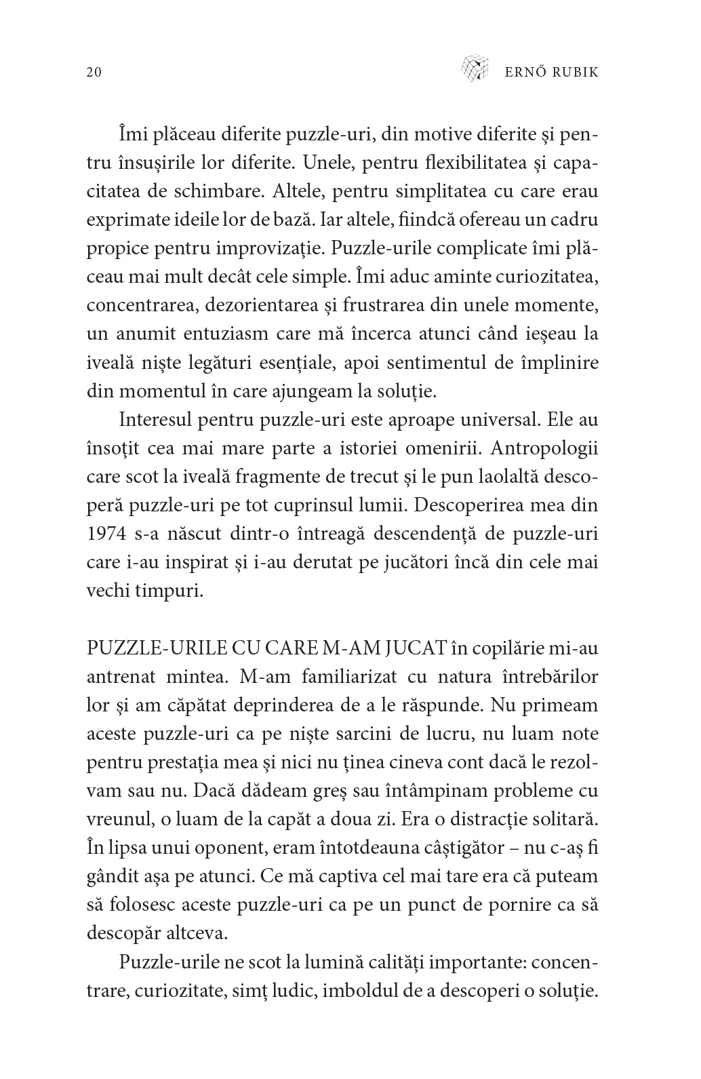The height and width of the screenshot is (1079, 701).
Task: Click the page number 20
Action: pyautogui.click(x=94, y=72)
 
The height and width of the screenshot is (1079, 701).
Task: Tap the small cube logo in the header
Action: pyautogui.click(x=475, y=68)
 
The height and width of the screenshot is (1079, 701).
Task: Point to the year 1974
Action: pyautogui.click(x=106, y=534)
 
